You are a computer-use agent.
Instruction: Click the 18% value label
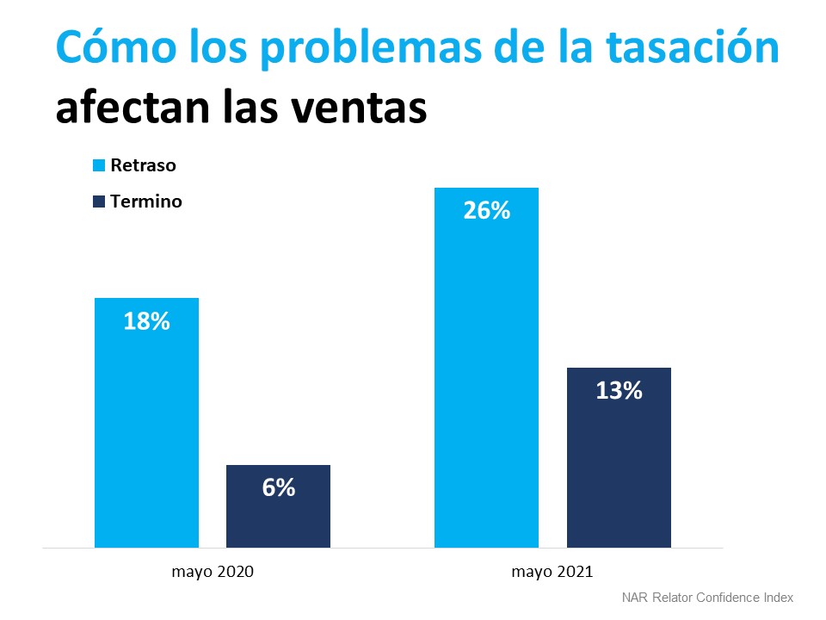point(147,323)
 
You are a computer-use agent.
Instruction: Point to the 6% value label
point(278,487)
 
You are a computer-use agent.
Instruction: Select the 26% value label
point(486,210)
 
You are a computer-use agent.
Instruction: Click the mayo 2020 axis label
point(213,571)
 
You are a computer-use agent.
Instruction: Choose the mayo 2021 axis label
point(552,571)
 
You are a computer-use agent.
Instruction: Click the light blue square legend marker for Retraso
point(99,165)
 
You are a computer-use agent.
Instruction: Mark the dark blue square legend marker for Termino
point(99,201)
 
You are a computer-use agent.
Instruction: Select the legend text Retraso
point(144,165)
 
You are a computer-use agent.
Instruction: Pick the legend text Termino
point(146,201)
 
